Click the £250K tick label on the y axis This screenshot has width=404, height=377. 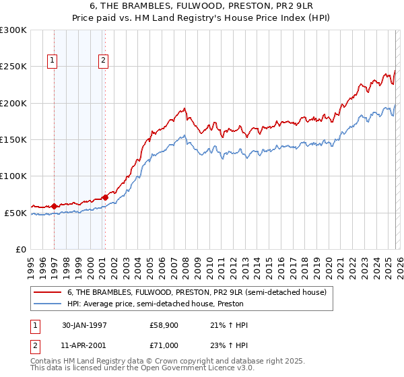click(13, 67)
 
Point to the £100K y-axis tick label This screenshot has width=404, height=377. click(13, 176)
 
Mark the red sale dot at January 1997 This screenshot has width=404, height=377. click(55, 206)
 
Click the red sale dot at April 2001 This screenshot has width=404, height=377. click(105, 197)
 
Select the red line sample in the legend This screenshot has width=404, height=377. click(47, 292)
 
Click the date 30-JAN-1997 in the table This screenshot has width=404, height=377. click(90, 325)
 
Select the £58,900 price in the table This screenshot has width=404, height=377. click(164, 325)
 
